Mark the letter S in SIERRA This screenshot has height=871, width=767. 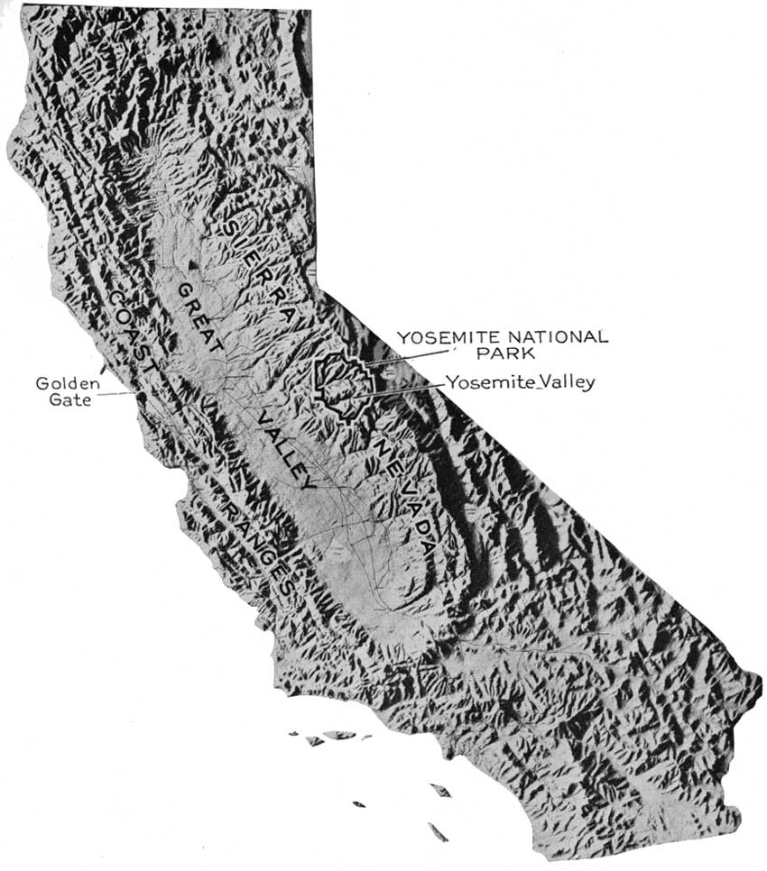[237, 223]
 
